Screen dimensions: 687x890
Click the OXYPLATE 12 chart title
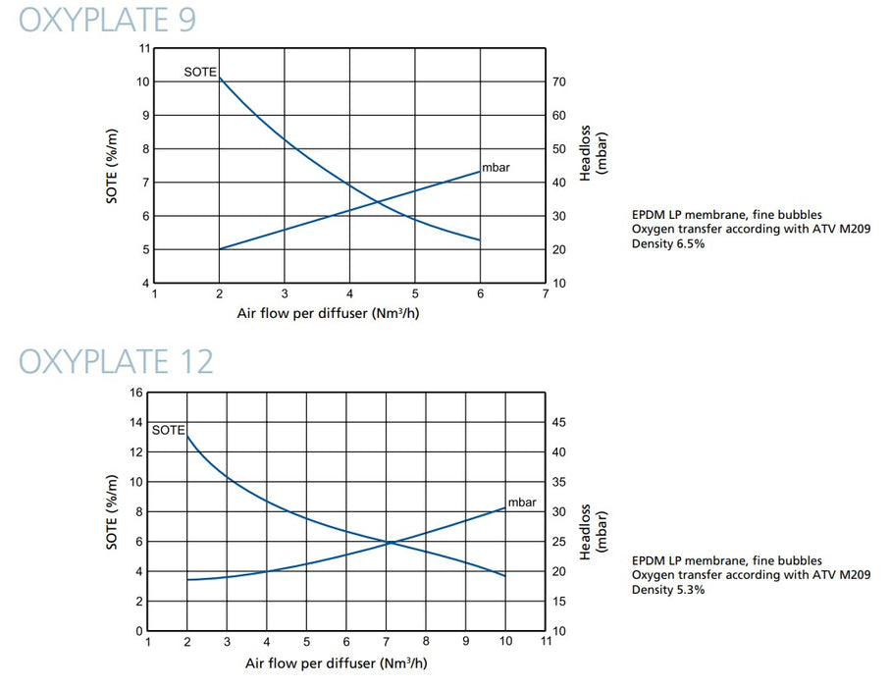pos(117,360)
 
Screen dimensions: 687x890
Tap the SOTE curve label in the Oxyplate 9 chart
pos(200,72)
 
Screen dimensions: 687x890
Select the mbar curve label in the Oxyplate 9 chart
pos(497,168)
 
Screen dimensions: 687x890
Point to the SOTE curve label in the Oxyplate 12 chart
pos(169,430)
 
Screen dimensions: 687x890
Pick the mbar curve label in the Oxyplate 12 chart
pos(522,502)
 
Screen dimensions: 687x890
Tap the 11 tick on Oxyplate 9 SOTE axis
pos(144,48)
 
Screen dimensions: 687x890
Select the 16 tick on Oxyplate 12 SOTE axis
pos(136,393)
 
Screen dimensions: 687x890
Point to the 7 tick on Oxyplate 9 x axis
pos(546,293)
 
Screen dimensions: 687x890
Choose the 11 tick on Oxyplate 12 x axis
pos(546,641)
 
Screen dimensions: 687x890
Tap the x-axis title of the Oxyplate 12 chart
pos(337,662)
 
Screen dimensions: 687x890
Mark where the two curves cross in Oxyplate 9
pos(378,203)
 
